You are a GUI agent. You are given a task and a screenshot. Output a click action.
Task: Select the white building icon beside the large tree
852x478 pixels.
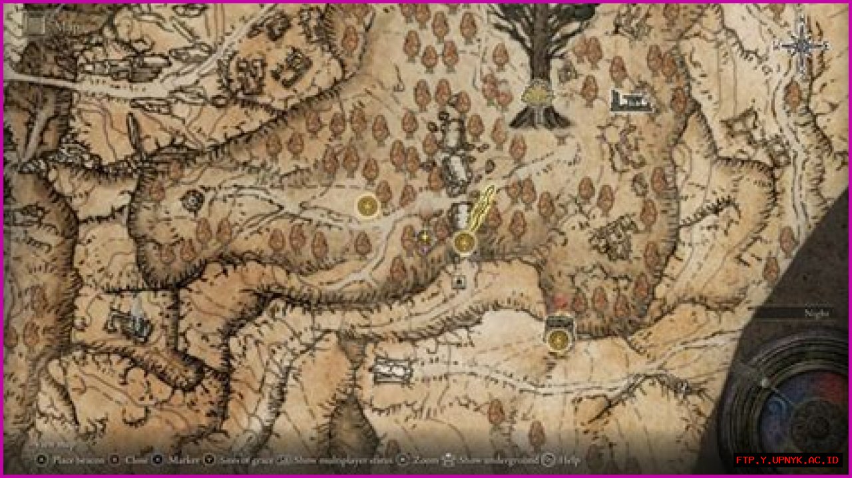tap(628, 101)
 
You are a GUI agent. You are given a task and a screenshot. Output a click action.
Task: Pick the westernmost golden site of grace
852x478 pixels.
tap(367, 206)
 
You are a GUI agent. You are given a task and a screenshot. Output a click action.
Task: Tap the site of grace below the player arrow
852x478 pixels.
tap(464, 243)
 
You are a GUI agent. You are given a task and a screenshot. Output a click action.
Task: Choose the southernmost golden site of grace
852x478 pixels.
tap(558, 340)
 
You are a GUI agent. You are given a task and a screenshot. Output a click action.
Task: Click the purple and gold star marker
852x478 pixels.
tap(425, 236)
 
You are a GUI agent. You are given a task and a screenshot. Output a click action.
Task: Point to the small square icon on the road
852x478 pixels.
tap(459, 282)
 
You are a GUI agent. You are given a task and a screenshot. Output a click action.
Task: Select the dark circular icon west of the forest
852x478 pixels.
tap(193, 199)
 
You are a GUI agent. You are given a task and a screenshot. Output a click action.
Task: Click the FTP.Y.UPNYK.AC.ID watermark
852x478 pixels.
tap(788, 460)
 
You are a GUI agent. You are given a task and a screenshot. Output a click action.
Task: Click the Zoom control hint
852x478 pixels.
tap(419, 459)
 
